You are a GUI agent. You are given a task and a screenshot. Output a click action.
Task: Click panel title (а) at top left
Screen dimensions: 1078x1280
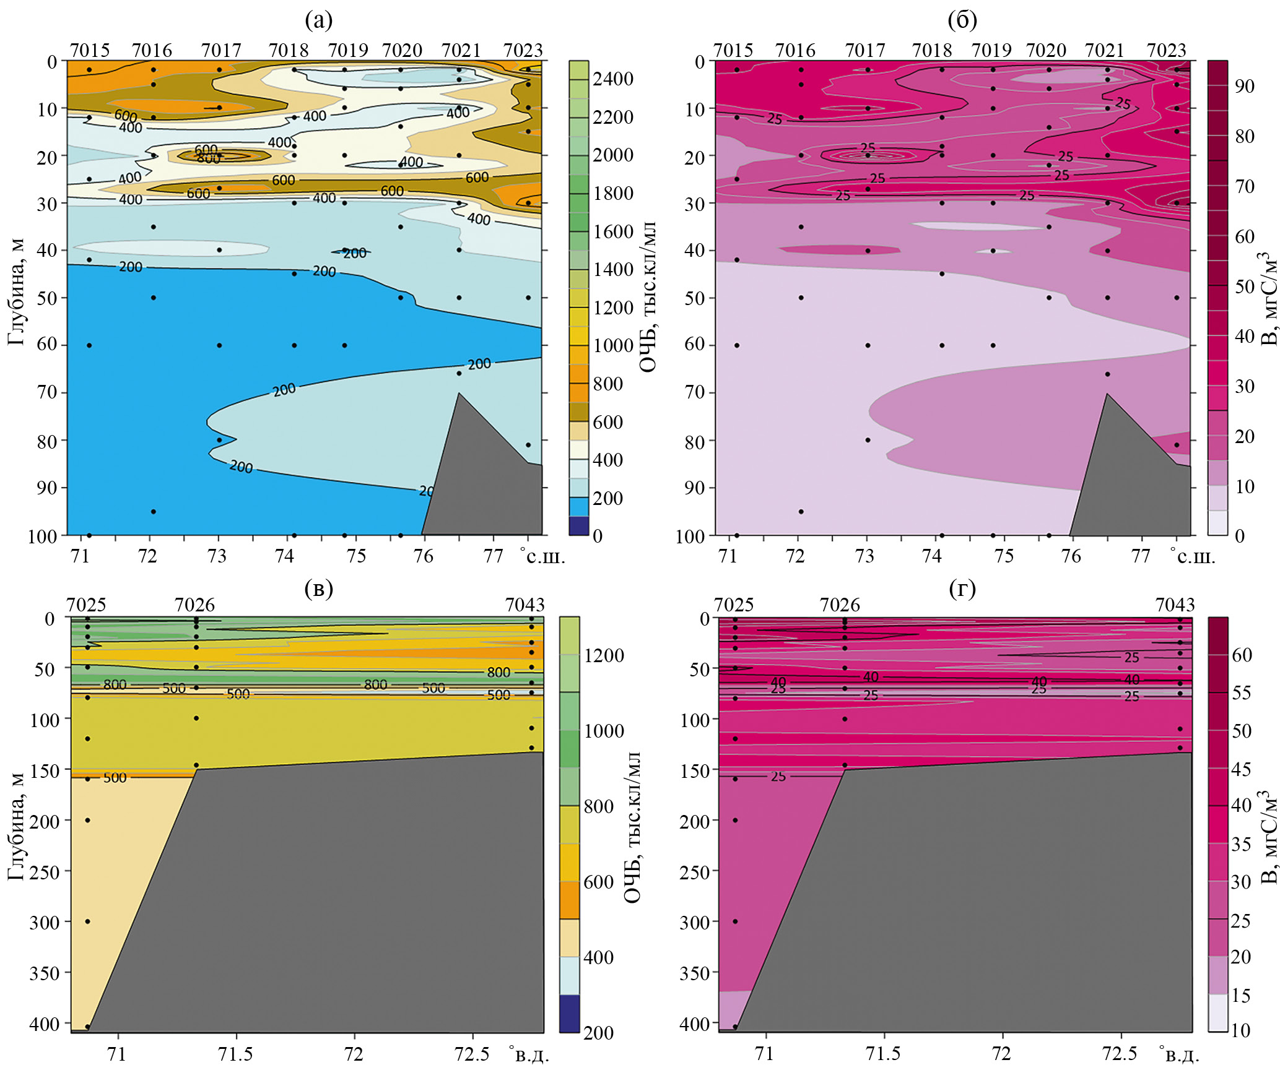pos(318,20)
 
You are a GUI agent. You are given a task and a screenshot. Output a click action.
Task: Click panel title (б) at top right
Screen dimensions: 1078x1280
pos(962,20)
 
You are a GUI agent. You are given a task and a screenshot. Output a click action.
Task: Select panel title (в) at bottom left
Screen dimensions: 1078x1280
pos(318,588)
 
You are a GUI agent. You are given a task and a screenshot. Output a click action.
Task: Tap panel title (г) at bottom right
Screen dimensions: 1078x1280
pos(962,588)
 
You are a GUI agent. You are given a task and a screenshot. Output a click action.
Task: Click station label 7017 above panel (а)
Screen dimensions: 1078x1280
pos(221,50)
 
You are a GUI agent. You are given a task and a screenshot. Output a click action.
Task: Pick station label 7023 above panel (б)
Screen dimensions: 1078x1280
pos(1166,50)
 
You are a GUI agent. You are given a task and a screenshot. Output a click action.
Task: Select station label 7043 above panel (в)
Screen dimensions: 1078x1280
pos(525,605)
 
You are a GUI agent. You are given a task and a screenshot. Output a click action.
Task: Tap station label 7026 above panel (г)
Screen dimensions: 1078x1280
pos(840,605)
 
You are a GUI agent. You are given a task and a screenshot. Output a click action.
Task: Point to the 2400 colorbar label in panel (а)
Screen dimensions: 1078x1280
pos(612,79)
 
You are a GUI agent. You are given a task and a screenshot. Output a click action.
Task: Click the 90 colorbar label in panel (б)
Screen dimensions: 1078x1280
pos(1244,85)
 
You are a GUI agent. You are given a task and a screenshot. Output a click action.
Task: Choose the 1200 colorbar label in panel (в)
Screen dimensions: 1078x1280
pos(604,655)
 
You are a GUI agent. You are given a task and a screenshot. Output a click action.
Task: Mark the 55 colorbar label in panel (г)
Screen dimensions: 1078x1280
pos(1242,692)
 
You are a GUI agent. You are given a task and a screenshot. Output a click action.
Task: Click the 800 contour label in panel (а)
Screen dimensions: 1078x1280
pos(208,158)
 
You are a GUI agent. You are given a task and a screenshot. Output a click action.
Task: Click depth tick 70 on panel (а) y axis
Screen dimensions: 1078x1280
pos(47,392)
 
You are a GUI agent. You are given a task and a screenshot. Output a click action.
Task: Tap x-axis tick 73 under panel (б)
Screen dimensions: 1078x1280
pos(864,556)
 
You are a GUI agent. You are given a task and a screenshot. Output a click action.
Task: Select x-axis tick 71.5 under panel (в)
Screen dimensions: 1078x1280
pos(235,1054)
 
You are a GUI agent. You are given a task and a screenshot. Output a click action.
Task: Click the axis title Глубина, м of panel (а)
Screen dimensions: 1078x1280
pos(17,291)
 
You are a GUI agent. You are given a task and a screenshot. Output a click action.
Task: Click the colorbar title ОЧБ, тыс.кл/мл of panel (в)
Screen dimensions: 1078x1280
pos(632,827)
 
